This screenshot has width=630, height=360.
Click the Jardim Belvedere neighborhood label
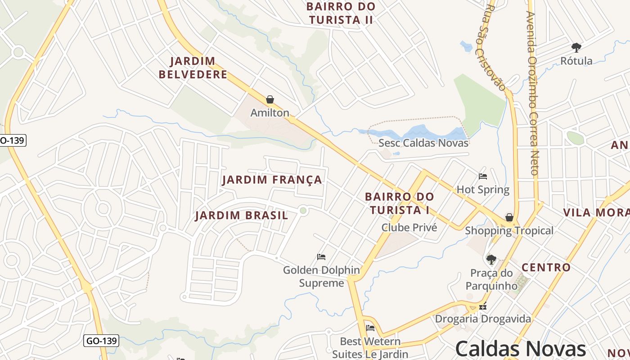click(193, 67)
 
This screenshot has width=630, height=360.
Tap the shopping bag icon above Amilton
click(270, 99)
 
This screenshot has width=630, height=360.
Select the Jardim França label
click(272, 180)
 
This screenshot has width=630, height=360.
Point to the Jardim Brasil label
click(242, 216)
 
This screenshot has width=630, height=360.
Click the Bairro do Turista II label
click(341, 13)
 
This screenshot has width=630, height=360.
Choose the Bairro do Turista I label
click(399, 203)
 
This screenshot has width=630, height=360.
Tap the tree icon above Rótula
click(576, 47)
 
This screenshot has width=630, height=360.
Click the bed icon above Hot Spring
click(483, 176)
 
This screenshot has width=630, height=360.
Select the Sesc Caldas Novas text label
click(423, 143)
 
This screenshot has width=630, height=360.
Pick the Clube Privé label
click(409, 227)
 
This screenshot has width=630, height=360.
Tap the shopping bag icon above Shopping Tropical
click(509, 218)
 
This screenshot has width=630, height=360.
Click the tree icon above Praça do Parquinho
click(491, 260)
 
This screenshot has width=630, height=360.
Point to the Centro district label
click(546, 267)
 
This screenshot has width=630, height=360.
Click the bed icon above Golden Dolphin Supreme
click(321, 257)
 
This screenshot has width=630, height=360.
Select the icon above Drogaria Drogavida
click(483, 307)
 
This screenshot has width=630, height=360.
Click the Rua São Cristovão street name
click(495, 47)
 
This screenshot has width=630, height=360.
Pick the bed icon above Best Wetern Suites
click(370, 328)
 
